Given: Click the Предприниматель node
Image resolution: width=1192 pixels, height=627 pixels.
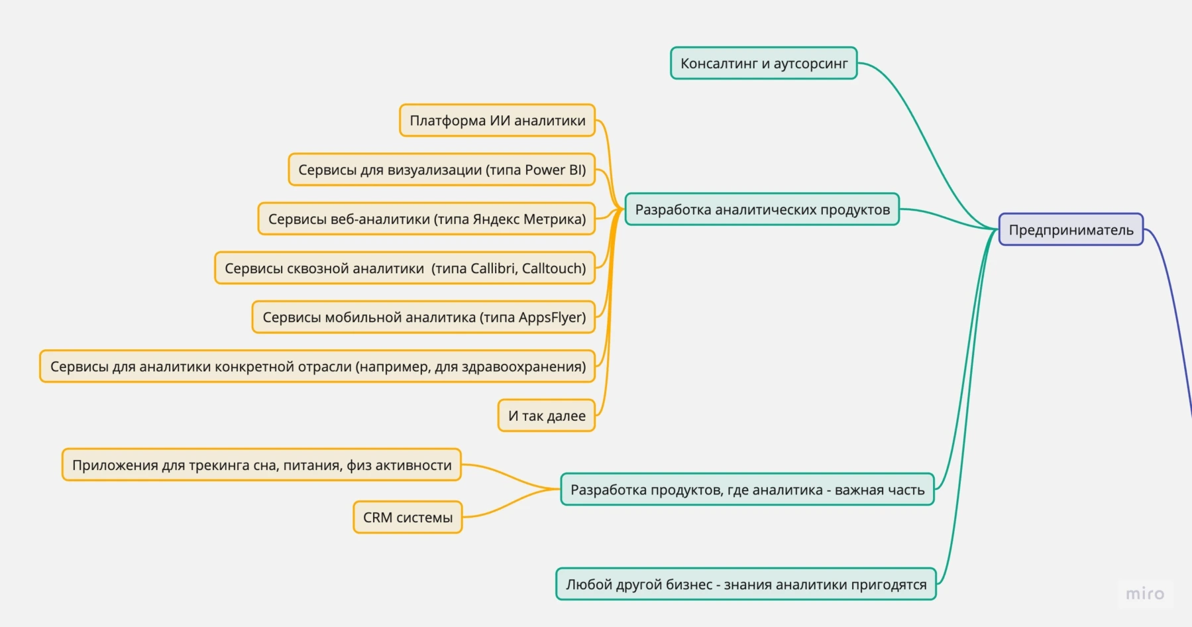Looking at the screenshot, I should tap(1071, 229).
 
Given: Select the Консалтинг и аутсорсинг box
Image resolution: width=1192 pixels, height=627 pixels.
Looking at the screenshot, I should tap(763, 63).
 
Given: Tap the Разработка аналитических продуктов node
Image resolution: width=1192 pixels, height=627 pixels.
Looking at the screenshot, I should tap(762, 209).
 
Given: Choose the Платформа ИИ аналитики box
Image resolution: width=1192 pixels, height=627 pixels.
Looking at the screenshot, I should tap(497, 120).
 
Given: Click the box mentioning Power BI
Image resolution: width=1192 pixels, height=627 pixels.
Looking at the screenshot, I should tap(441, 170).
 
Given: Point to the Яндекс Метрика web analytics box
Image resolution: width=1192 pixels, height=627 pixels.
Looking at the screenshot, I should tap(426, 219).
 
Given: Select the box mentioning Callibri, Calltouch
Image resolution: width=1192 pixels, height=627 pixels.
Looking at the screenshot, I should tap(405, 268).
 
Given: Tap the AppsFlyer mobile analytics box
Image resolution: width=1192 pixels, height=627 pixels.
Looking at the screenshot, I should tap(423, 317).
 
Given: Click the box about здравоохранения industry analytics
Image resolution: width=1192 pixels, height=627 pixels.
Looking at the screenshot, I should tap(317, 366).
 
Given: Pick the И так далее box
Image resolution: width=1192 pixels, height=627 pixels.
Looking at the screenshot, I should tap(546, 416).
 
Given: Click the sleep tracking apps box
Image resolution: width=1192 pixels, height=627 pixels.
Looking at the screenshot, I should tap(261, 465).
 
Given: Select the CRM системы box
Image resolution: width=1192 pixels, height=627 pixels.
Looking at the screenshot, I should tap(407, 517).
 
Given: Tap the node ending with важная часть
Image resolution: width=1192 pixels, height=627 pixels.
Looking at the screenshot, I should tap(747, 489).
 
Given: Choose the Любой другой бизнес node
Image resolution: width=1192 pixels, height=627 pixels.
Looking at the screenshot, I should tap(745, 584).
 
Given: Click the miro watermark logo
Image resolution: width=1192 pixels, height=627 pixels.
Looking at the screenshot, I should tap(1144, 593).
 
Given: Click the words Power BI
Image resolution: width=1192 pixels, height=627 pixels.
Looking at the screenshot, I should tap(555, 170).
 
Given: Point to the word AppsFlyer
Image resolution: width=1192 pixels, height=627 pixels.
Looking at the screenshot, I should tap(550, 317).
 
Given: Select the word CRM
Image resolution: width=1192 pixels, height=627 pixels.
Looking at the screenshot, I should tap(378, 517).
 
